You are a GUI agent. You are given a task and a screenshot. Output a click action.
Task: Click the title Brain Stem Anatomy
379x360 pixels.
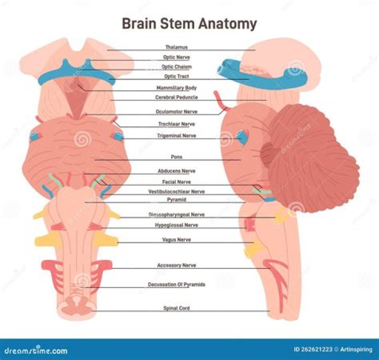189,24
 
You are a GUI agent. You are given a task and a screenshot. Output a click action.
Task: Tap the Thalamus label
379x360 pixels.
176,47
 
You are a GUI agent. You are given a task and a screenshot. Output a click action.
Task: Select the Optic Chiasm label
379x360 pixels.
176,67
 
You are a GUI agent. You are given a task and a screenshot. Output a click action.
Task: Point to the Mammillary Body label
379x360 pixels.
176,88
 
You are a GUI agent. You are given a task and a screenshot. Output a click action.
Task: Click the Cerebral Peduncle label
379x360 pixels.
176,97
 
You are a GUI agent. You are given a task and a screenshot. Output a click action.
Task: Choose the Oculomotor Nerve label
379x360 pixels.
176,112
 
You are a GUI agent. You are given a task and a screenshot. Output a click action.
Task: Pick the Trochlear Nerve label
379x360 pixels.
176,124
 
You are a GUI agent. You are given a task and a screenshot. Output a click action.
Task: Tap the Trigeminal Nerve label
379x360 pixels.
176,136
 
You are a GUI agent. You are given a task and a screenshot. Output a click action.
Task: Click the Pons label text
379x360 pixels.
176,157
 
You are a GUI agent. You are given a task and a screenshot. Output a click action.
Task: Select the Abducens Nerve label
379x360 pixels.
176,171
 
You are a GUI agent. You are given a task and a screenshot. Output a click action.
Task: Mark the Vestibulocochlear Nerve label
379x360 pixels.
176,192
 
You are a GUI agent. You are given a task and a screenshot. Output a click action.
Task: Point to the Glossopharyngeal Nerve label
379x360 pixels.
176,215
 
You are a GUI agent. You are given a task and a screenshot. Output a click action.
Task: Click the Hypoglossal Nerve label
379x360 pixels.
176,225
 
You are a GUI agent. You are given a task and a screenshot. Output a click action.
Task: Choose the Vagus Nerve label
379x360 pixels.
176,239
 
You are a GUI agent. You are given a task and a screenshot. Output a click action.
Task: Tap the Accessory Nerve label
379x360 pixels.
176,265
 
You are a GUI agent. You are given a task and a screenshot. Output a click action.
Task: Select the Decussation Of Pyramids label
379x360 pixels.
176,285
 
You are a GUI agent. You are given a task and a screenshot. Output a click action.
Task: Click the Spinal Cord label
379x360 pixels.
176,308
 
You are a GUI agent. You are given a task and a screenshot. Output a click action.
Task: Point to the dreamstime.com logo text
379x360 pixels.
36,350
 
